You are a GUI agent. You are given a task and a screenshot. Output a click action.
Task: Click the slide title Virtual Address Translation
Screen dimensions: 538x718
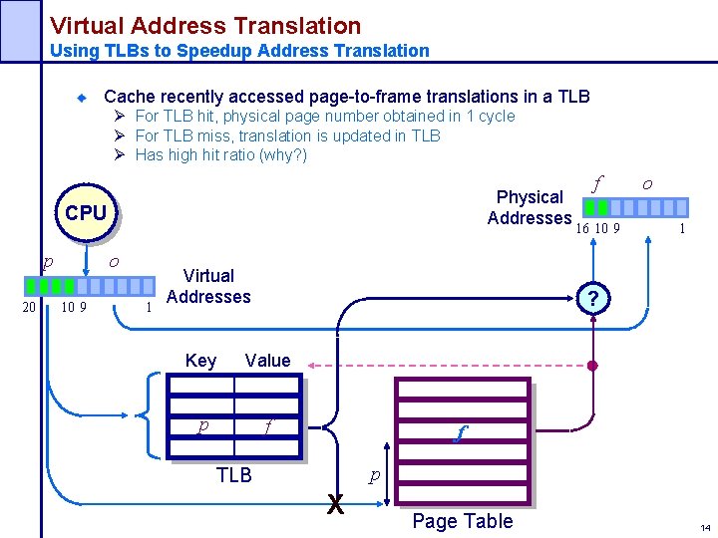click(x=205, y=26)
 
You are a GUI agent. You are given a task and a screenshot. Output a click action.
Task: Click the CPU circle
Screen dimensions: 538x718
click(x=86, y=213)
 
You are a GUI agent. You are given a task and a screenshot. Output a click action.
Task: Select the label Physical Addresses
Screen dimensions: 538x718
click(x=529, y=207)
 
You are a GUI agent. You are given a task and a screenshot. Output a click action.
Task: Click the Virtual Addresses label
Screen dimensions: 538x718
click(x=208, y=286)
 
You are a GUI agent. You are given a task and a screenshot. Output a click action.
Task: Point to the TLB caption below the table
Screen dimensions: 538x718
click(x=234, y=475)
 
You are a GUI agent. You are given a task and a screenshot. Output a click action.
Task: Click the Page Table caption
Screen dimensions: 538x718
click(x=463, y=521)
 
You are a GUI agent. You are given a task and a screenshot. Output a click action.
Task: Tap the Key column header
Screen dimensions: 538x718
click(x=200, y=361)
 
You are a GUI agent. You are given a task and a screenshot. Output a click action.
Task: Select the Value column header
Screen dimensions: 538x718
click(x=267, y=361)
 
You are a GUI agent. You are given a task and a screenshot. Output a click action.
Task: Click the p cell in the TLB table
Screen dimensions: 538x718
click(x=203, y=426)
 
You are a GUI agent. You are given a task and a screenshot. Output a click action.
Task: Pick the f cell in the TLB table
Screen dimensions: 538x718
click(x=266, y=426)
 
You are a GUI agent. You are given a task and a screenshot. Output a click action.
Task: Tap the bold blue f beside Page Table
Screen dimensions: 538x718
click(x=459, y=434)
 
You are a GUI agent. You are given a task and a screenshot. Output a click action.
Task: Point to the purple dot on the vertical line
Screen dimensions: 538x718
click(x=591, y=367)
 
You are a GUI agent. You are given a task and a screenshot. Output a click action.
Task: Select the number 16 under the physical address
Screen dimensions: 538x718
click(x=583, y=228)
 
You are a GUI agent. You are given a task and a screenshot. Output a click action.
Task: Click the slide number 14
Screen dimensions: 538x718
click(x=705, y=527)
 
